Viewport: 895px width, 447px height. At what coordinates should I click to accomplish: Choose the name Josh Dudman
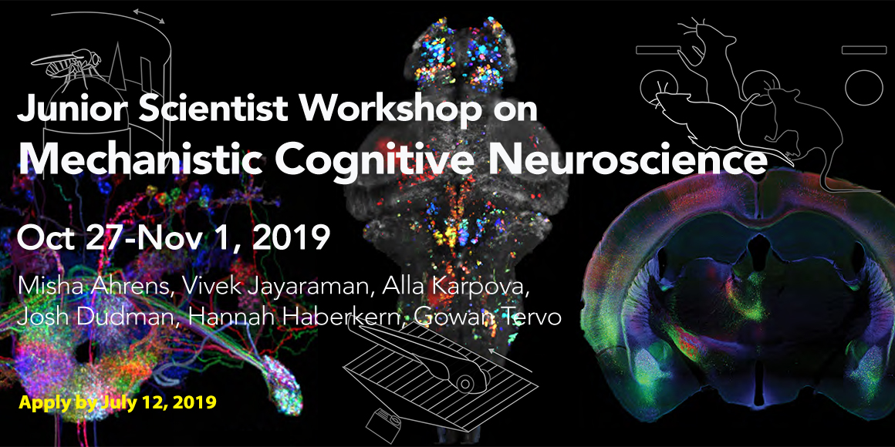pos(89,317)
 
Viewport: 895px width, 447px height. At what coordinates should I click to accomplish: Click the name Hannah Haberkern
pos(287,317)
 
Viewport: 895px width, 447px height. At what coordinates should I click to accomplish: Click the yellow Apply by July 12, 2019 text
pos(117,402)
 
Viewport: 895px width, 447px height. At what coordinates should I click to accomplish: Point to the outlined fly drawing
pos(66,65)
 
